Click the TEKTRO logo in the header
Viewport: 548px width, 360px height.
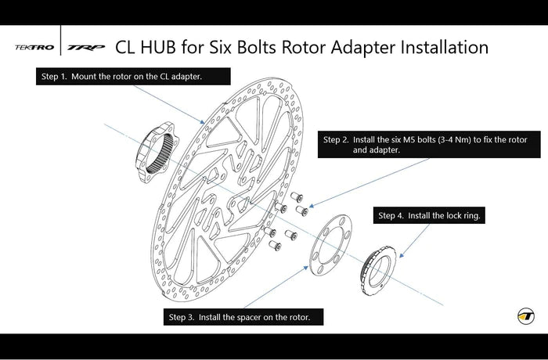[x=34, y=48]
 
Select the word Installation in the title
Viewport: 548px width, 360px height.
[x=445, y=47]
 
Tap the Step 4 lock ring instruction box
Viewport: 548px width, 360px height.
[x=429, y=215]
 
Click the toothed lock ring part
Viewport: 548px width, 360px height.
[x=382, y=266]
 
